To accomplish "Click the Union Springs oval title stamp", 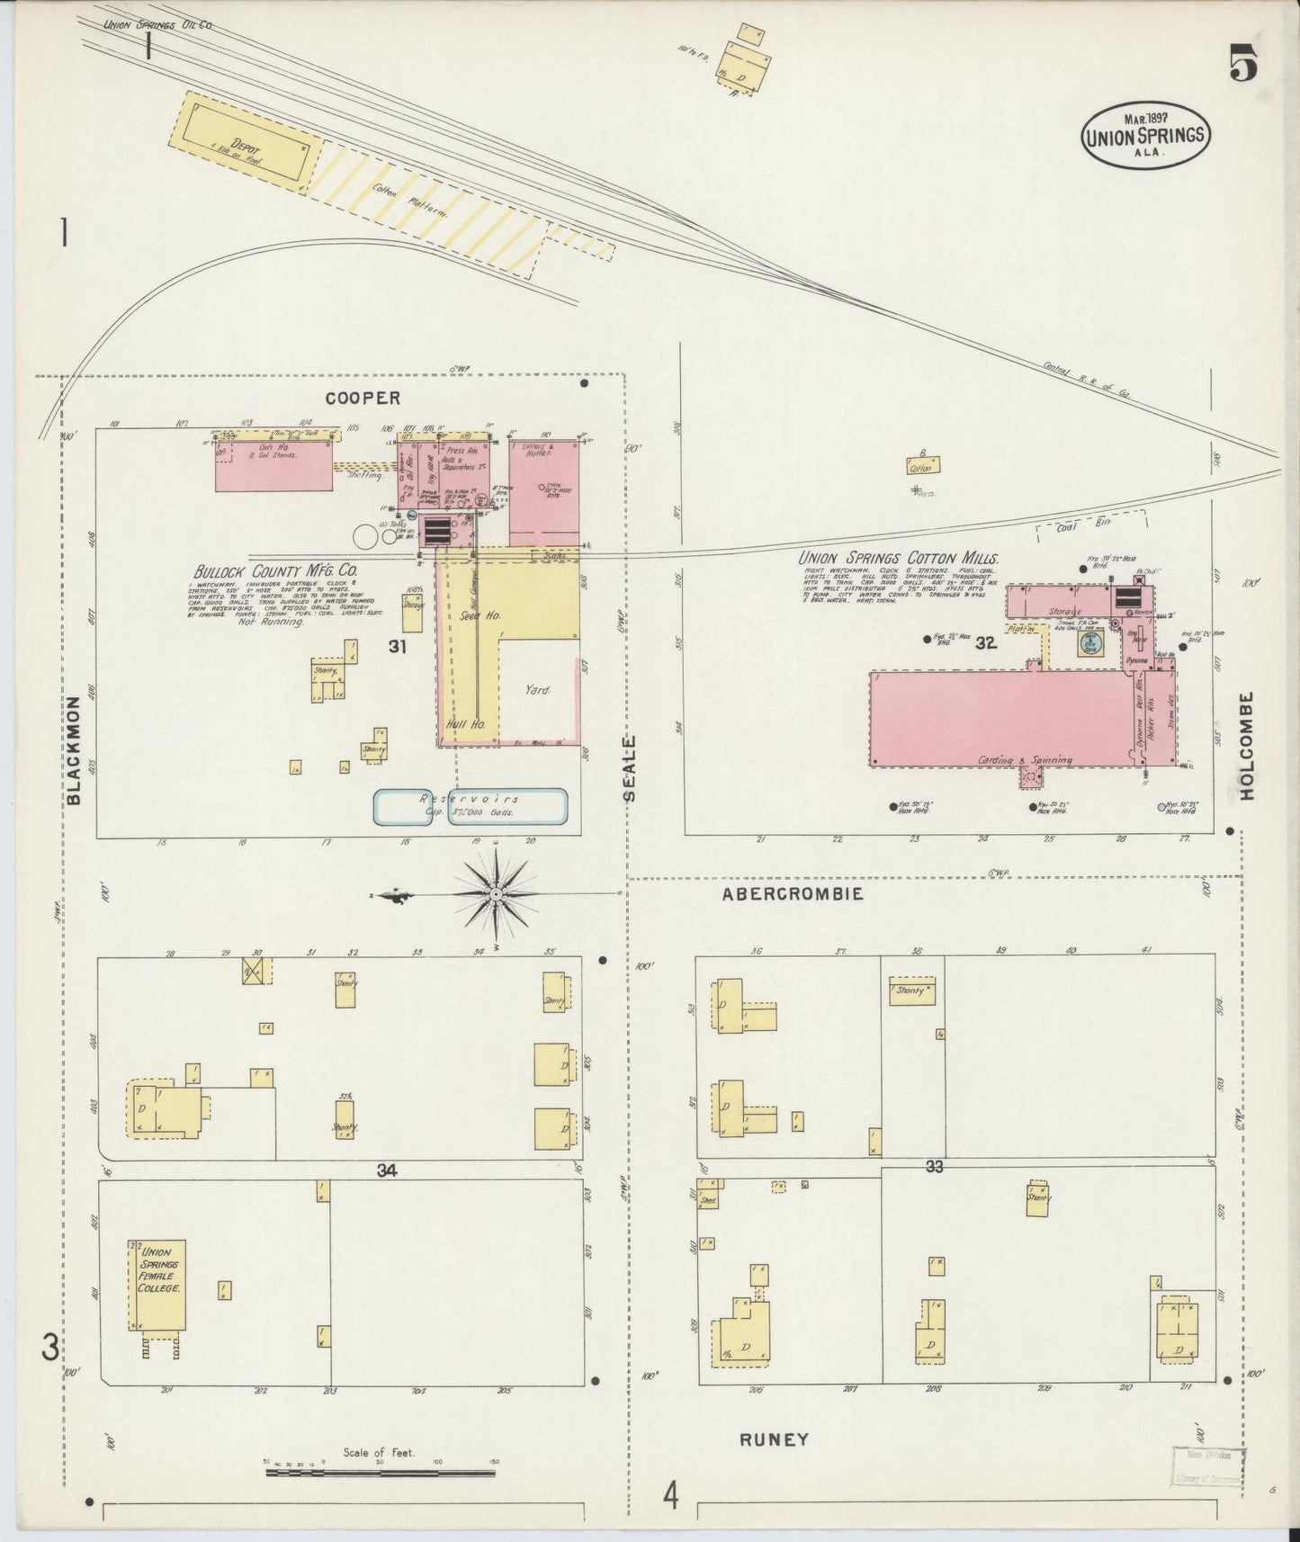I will [1145, 136].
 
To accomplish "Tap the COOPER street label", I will [363, 398].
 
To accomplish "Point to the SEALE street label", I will [630, 767].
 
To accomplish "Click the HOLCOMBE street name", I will [1247, 746].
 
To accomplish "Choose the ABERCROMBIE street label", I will [793, 893].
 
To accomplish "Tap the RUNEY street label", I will [774, 1439].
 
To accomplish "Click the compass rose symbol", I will [495, 893].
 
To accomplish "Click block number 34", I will [387, 1170].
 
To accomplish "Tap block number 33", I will [934, 1167].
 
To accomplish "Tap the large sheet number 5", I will [1243, 65].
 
